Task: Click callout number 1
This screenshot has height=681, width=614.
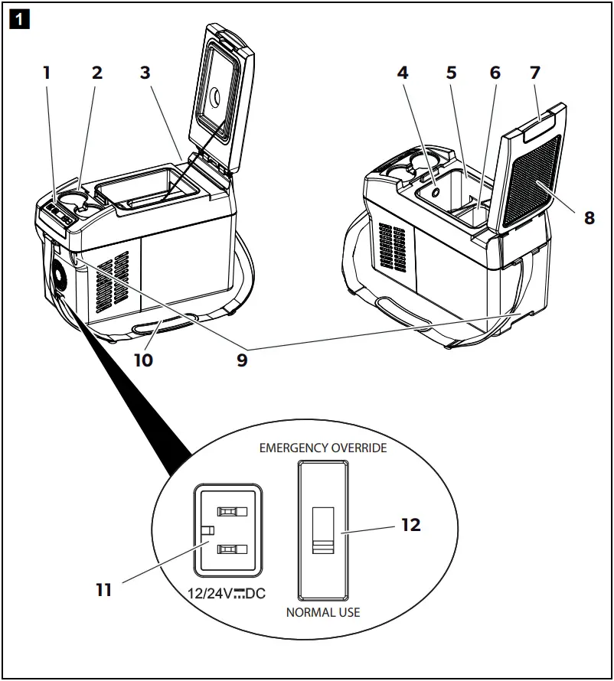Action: pos(47,73)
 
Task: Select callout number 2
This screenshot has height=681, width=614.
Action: pos(96,73)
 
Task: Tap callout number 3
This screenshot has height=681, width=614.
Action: pos(145,73)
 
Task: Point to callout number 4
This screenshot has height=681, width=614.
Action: pos(403,73)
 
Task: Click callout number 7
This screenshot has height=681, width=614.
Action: pos(535,73)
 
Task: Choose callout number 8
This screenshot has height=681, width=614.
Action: pos(589,217)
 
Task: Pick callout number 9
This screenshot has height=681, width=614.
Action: pos(242,360)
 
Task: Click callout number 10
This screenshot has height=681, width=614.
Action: pos(143,360)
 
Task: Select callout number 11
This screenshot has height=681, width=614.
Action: pos(104,590)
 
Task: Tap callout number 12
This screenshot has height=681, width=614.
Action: pos(411,526)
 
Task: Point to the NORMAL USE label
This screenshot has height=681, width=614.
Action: pos(323,612)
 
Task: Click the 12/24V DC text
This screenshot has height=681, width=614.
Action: pos(227,593)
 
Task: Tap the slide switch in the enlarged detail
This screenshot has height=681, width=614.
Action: pos(324,528)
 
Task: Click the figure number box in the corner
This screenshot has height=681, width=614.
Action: pos(18,18)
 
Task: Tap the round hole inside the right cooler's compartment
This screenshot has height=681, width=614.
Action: pos(434,193)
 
